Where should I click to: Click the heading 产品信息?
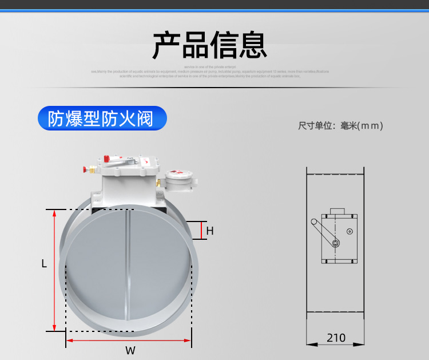(209, 45)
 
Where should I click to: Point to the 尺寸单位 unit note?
(340, 125)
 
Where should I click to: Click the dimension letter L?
(44, 264)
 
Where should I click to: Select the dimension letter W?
(130, 350)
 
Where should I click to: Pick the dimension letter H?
(210, 231)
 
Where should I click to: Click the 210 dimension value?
(336, 338)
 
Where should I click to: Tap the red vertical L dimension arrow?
(54, 269)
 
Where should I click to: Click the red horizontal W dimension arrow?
(129, 340)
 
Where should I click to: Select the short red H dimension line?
(201, 230)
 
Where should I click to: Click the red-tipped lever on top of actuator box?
(109, 159)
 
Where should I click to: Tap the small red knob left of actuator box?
(88, 169)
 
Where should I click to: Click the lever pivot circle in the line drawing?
(335, 244)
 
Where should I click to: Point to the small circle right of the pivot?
(349, 231)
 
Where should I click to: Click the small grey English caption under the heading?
(209, 72)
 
